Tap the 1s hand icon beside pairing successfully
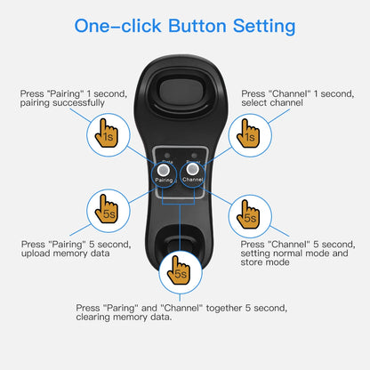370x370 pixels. (108, 134)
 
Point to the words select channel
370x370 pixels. (272, 103)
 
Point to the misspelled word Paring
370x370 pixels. (117, 307)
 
